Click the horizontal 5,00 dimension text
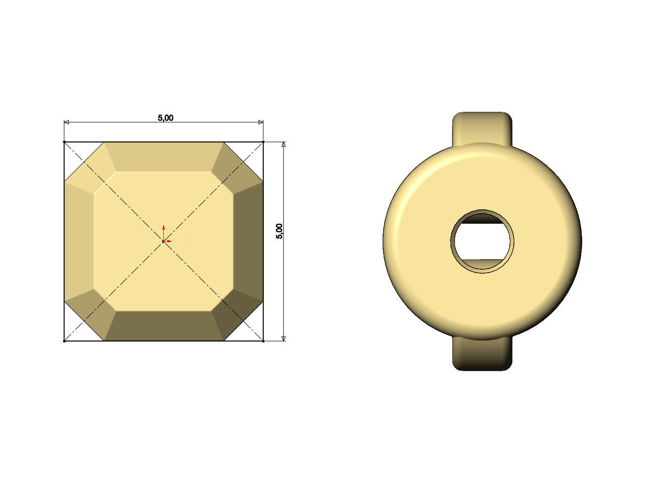click(x=165, y=118)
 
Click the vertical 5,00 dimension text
click(x=280, y=232)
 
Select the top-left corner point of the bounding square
click(x=64, y=142)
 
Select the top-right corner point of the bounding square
click(x=263, y=142)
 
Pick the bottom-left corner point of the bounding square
click(x=64, y=340)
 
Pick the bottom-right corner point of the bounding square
click(x=263, y=340)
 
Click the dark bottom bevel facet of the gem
click(x=163, y=326)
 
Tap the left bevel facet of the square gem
click(x=79, y=241)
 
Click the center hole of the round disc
click(x=482, y=241)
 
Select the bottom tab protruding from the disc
click(x=482, y=355)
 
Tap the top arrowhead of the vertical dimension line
click(x=283, y=145)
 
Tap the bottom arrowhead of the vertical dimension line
click(x=283, y=338)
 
